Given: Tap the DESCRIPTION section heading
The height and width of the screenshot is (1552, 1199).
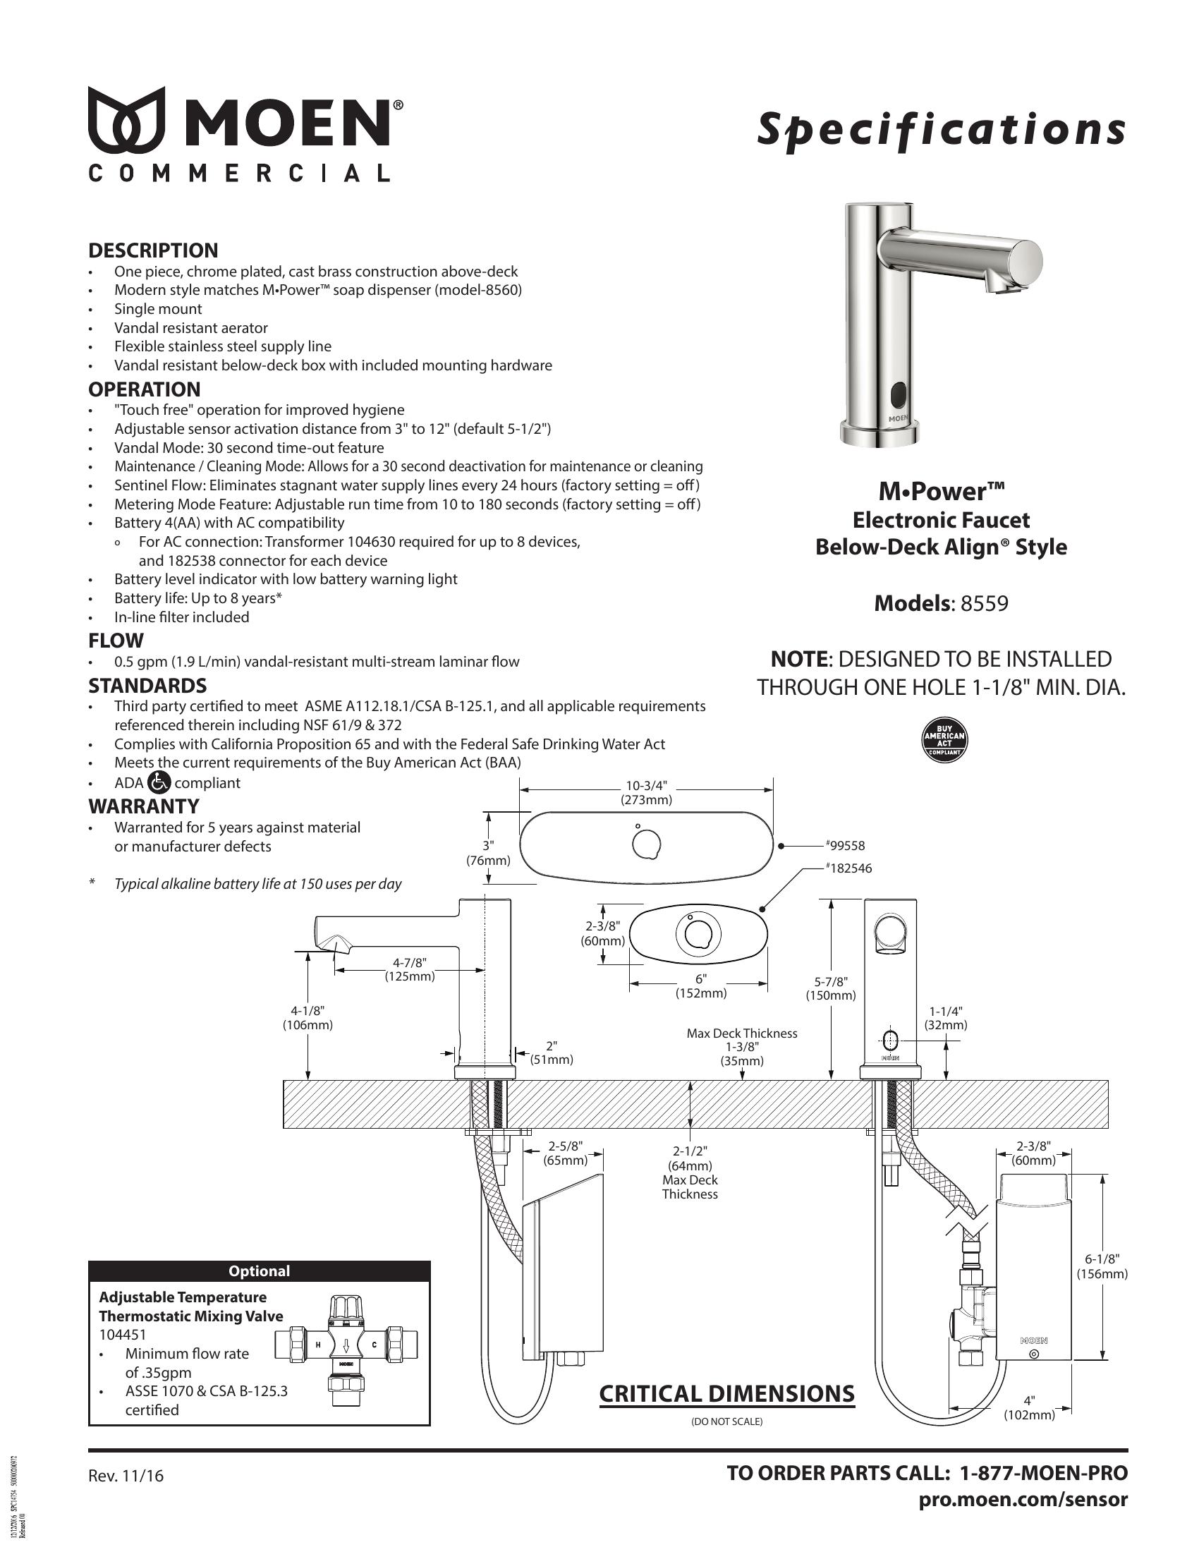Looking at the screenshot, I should coord(153,251).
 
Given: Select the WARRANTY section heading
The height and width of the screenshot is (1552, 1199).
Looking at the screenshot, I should coord(143,806).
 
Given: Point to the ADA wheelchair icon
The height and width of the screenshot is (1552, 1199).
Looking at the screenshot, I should coord(159,782).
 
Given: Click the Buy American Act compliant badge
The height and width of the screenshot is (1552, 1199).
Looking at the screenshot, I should coord(944,740).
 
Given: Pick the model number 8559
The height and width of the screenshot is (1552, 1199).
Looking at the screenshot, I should coord(985,603).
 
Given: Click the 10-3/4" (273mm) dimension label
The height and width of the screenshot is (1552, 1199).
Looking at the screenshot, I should coord(646,792).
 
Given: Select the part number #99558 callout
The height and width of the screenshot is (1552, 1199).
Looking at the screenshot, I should coord(845,846).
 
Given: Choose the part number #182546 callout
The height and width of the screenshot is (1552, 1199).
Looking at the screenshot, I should coord(848,868).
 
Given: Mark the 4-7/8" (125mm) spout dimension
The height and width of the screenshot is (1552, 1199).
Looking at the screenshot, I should coord(410,969).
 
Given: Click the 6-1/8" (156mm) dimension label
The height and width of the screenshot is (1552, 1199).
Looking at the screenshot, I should coord(1102,1267).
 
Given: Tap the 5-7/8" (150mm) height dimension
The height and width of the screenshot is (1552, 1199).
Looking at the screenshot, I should coord(830,988).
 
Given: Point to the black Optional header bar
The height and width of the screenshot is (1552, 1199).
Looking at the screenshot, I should coord(260,1271).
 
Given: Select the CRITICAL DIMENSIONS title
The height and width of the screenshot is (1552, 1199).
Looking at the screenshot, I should coord(726,1394).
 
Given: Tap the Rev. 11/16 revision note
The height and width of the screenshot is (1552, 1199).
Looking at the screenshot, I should coord(126,1476).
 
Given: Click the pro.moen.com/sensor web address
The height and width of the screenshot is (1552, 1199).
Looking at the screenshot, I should coord(1023,1500).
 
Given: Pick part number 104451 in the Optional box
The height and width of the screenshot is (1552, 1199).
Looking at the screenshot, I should coord(123,1335).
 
